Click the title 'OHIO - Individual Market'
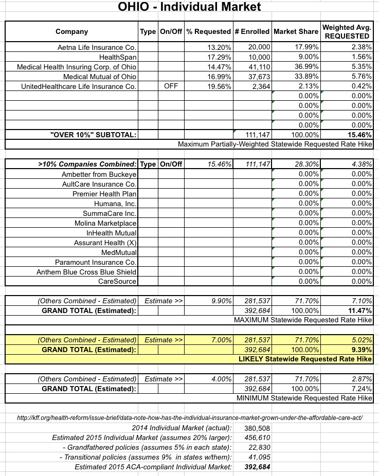point(189,7)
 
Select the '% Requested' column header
point(208,31)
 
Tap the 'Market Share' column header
point(296,31)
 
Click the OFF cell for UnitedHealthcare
point(170,86)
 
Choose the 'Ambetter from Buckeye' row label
point(99,174)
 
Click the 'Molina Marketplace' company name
point(106,223)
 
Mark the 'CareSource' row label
point(118,281)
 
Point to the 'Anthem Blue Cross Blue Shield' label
point(86,271)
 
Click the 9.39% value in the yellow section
point(360,350)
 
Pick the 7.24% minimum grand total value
point(360,389)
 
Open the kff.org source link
point(190,418)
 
